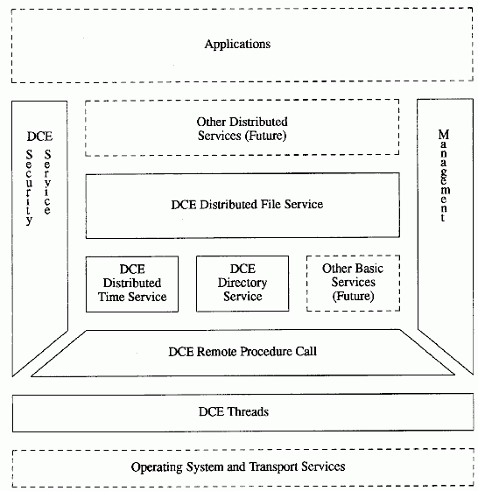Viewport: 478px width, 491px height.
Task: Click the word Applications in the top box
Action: (x=237, y=45)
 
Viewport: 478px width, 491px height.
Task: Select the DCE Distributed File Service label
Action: (x=247, y=205)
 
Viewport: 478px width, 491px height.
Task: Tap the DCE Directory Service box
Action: (x=243, y=284)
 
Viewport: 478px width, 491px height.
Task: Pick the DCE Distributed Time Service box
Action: (x=132, y=284)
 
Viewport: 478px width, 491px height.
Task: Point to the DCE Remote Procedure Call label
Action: (x=243, y=352)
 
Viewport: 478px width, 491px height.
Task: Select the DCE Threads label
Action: (x=234, y=411)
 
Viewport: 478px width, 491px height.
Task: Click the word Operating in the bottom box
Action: (x=157, y=467)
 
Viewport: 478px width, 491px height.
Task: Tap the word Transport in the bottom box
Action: (x=273, y=466)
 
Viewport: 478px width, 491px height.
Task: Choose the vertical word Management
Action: (x=444, y=175)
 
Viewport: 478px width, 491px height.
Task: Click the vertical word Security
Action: (x=29, y=187)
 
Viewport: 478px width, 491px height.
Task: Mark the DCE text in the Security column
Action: (x=39, y=137)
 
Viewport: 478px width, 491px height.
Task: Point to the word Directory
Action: (x=243, y=283)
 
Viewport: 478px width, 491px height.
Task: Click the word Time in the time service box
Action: (x=111, y=297)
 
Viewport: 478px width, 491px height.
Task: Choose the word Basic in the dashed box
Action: (x=369, y=269)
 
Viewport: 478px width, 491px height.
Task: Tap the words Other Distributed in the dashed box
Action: (x=242, y=122)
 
